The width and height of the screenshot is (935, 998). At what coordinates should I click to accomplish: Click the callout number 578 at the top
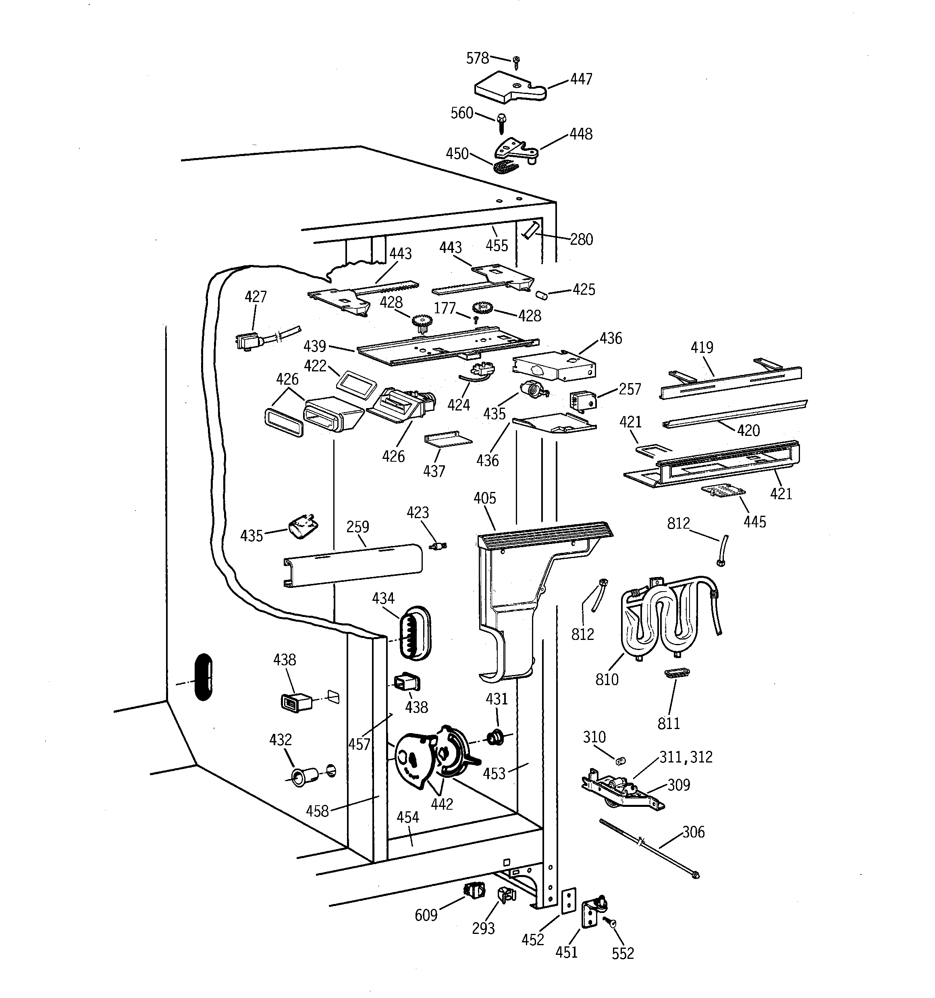pos(477,59)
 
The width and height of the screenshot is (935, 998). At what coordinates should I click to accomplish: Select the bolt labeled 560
pos(501,122)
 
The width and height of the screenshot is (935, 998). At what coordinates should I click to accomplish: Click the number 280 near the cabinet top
pos(581,240)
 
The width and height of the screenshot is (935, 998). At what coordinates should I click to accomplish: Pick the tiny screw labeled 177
pos(475,319)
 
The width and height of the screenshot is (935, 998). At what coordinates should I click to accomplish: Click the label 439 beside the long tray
pos(315,346)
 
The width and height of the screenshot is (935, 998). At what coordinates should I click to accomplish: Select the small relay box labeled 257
pos(582,400)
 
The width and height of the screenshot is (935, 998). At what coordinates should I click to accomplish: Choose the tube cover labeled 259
pos(352,565)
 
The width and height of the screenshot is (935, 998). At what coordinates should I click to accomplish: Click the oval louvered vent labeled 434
pos(415,633)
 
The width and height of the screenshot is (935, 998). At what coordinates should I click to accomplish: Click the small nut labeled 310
pos(620,761)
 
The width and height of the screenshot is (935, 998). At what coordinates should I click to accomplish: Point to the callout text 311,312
pos(686,757)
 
